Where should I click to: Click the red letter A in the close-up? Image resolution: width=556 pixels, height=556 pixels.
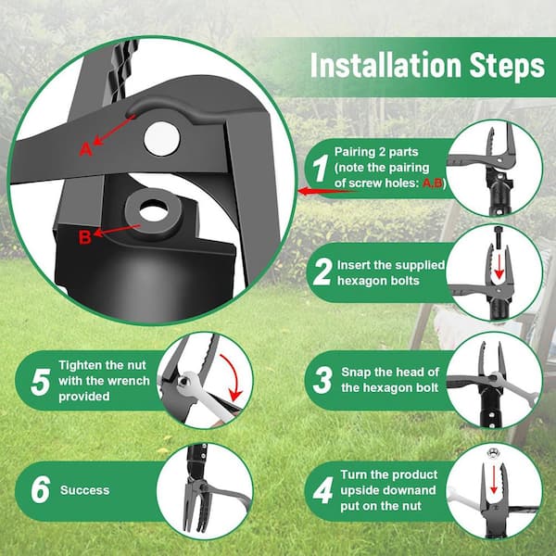click(85, 149)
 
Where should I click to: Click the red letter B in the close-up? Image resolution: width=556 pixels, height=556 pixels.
click(84, 237)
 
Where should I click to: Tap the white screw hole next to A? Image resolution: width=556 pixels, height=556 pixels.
click(161, 138)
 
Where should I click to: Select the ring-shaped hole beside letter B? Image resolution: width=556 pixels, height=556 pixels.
click(154, 212)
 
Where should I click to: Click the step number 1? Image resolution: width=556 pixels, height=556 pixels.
click(321, 168)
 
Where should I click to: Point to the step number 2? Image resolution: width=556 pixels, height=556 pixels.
click(322, 272)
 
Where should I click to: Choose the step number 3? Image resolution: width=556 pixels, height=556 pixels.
click(322, 380)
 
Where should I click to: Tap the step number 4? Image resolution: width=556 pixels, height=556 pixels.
click(323, 490)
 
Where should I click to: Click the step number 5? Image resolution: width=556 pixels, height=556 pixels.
click(41, 382)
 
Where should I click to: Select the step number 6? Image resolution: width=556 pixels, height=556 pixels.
click(41, 489)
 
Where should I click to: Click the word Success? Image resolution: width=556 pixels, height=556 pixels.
click(84, 490)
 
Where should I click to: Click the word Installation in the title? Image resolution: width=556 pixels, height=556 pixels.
click(385, 65)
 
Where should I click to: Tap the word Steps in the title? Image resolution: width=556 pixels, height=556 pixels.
click(507, 67)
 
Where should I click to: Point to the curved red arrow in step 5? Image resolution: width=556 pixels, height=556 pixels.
click(234, 373)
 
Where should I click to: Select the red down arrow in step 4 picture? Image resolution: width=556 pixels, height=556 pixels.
click(494, 480)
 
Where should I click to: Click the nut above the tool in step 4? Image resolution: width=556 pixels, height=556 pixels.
click(492, 453)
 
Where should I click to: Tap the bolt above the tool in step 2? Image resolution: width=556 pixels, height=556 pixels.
click(499, 236)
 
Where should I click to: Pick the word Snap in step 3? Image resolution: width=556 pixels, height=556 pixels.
click(356, 373)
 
